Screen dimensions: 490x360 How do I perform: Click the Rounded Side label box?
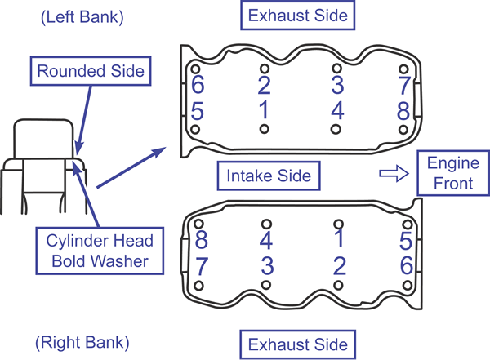pyautogui.click(x=91, y=71)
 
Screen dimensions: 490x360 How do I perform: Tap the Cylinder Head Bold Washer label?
pyautogui.click(x=100, y=251)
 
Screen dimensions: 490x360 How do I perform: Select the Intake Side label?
pyautogui.click(x=269, y=176)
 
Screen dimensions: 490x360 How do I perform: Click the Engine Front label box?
pyautogui.click(x=453, y=173)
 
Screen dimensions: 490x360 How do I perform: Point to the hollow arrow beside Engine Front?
pyautogui.click(x=394, y=173)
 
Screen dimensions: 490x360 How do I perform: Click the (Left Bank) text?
pyautogui.click(x=82, y=17)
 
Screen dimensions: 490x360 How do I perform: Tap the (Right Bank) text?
pyautogui.click(x=82, y=343)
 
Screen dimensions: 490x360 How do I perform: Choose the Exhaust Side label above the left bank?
pyautogui.click(x=298, y=16)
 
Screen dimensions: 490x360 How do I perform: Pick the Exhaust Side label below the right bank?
pyautogui.click(x=298, y=344)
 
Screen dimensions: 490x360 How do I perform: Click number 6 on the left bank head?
pyautogui.click(x=198, y=84)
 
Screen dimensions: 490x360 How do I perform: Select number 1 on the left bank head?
pyautogui.click(x=265, y=110)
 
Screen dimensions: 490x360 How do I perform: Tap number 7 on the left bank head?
pyautogui.click(x=404, y=85)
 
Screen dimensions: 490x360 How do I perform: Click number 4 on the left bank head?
pyautogui.click(x=337, y=111)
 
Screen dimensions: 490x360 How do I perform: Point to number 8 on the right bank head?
pyautogui.click(x=201, y=240)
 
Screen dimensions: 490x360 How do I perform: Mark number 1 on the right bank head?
pyautogui.click(x=339, y=238)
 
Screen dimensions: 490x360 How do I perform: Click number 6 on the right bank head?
pyautogui.click(x=407, y=265)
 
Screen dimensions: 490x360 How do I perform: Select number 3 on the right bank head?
pyautogui.click(x=268, y=266)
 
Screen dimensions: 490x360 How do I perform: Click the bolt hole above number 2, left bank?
pyautogui.click(x=265, y=69)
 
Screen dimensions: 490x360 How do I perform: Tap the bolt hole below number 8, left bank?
pyautogui.click(x=403, y=130)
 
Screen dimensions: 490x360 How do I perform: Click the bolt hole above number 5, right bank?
pyautogui.click(x=408, y=224)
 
